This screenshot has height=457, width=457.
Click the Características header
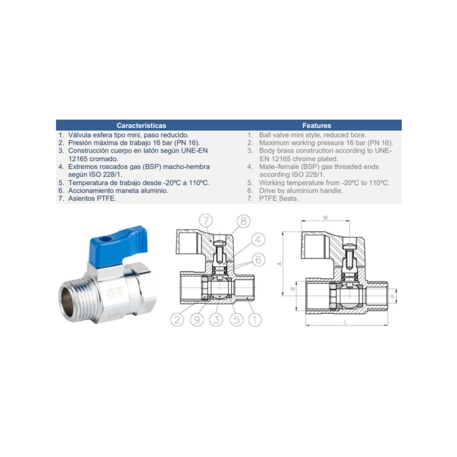point(141,126)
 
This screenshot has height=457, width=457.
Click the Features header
point(317,126)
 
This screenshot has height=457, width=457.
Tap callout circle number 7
point(206,220)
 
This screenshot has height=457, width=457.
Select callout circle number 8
point(244,221)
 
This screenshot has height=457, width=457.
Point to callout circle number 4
point(258,240)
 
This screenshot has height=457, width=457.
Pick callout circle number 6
point(259,260)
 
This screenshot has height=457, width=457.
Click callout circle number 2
point(177,320)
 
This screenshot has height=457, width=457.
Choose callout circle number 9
point(197,320)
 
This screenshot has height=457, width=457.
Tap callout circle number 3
point(216,320)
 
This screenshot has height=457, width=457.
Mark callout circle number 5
point(236,320)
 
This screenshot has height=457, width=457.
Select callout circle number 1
point(255,320)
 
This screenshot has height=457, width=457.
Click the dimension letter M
point(325,218)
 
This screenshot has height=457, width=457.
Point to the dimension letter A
point(280,264)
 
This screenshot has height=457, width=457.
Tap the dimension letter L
point(346,322)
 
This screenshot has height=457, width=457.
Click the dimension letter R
point(293,289)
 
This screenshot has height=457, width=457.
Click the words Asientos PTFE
point(92,198)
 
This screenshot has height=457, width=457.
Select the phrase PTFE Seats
point(279,198)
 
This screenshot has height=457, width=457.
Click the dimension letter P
point(392,296)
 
